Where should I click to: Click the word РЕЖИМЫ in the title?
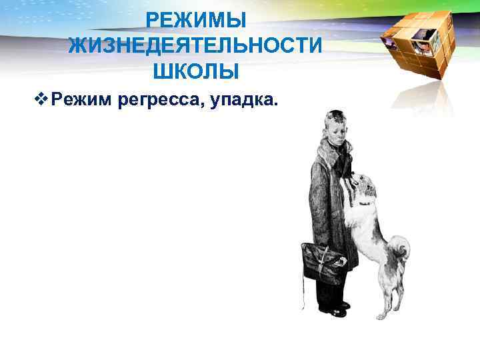click(x=197, y=21)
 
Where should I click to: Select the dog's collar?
click(x=363, y=201)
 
